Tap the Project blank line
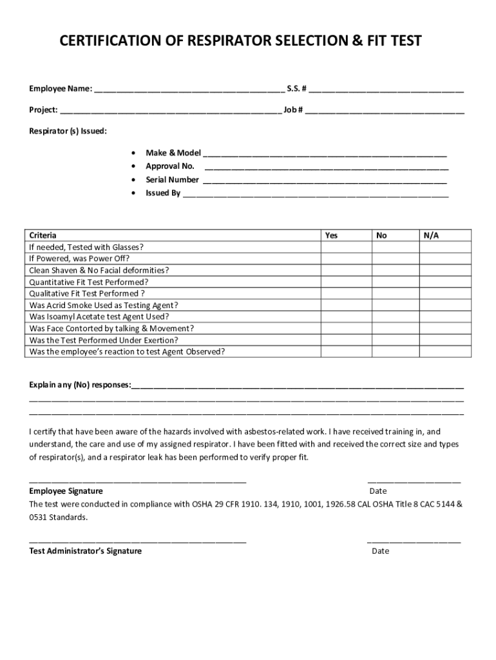coord(171,110)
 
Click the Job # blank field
coord(385,110)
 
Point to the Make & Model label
coord(173,153)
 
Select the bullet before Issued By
coord(133,193)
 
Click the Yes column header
coord(331,235)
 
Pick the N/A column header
coord(431,235)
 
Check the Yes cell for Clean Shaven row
coord(347,271)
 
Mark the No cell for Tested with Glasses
coord(395,247)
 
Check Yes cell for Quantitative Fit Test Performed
coord(347,282)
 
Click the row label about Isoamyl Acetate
coord(99,317)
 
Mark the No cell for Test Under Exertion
coord(395,340)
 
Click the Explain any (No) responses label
coord(79,385)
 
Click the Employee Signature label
coord(66,491)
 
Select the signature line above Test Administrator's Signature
coord(137,541)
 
